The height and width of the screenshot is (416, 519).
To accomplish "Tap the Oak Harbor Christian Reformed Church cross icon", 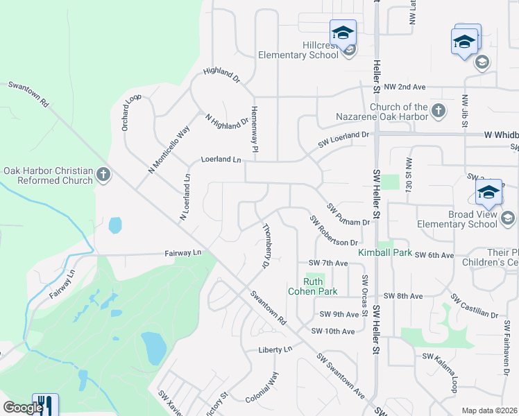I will tap(104, 174).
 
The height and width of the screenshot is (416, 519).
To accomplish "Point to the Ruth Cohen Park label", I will tap(314, 286).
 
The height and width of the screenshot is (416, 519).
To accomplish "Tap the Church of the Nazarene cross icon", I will tap(438, 110).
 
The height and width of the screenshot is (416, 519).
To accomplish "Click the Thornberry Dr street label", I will tap(264, 245).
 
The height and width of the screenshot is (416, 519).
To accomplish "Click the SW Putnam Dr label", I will tap(348, 214).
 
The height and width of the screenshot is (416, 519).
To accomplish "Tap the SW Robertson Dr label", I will tap(334, 231).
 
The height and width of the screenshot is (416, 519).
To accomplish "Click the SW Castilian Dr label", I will tap(475, 306).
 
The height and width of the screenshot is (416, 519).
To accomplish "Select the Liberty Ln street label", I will tap(274, 349).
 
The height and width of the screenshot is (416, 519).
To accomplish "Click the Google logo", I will tap(23, 408).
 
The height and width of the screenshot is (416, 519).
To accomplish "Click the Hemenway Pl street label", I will tap(255, 135).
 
